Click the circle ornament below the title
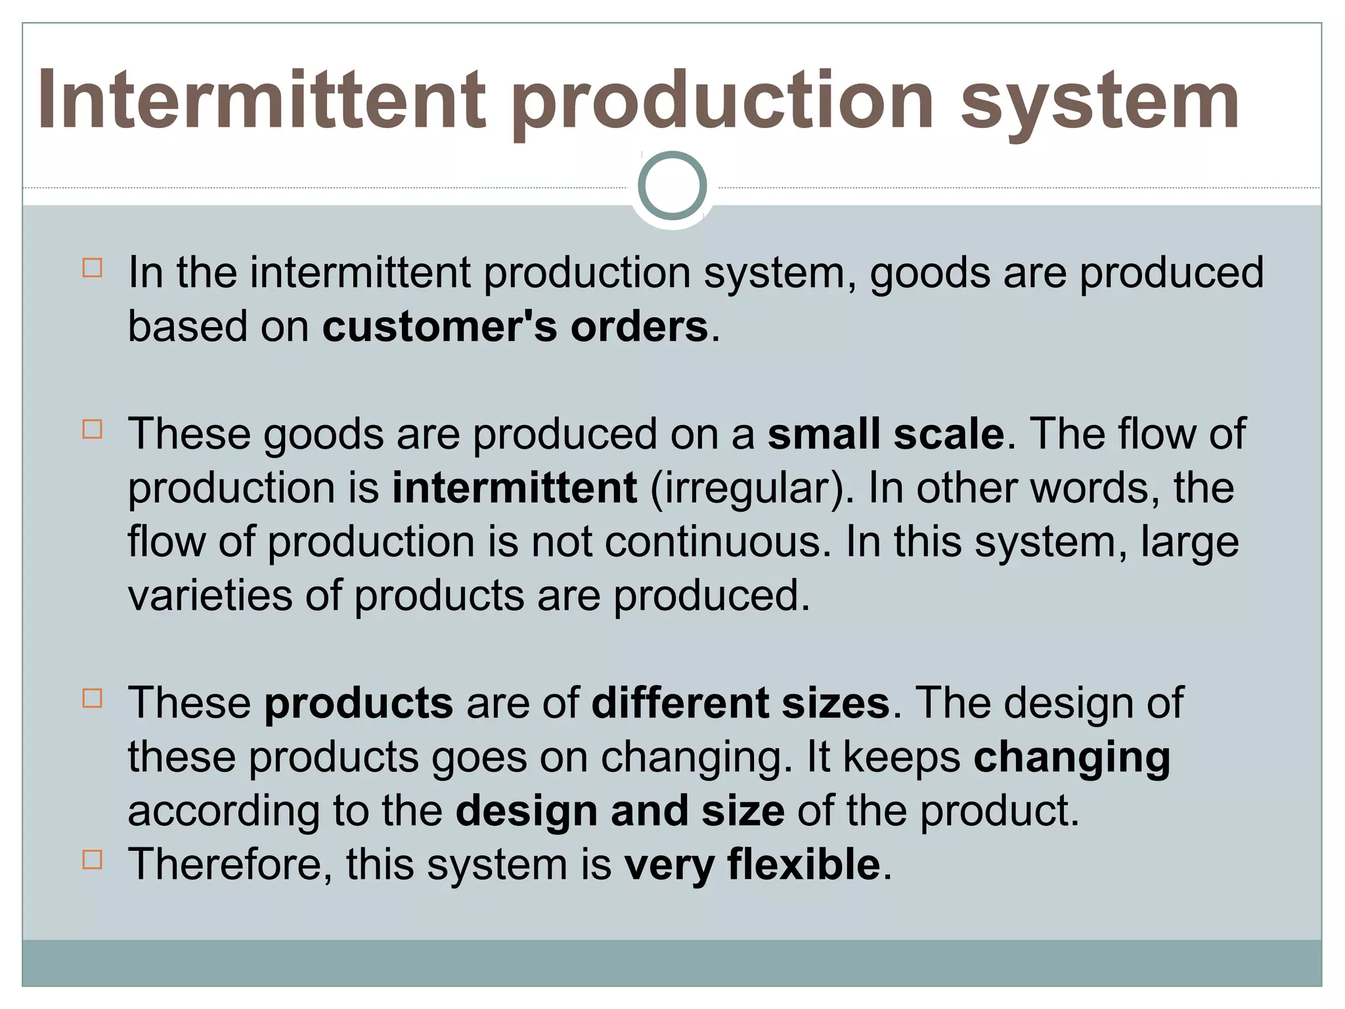coord(672,185)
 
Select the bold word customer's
coord(439,326)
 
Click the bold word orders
coord(639,326)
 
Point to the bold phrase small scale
coord(886,434)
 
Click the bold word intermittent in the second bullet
coord(514,488)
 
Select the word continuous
coord(713,543)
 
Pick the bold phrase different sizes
coord(741,703)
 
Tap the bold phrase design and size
coord(620,811)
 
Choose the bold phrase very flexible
coord(753,864)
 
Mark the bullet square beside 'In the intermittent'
coord(93,268)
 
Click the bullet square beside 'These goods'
coord(93,430)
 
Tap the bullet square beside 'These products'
coord(93,698)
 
